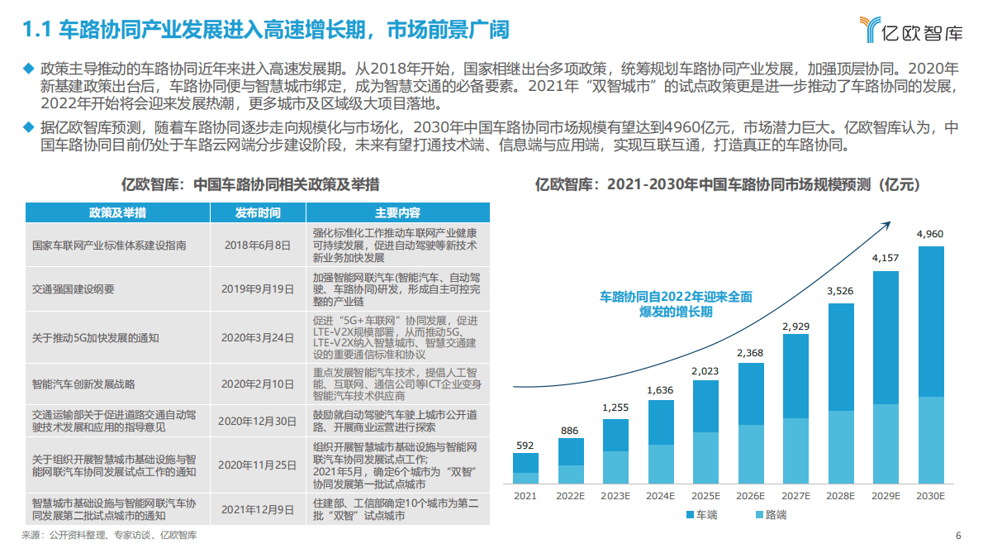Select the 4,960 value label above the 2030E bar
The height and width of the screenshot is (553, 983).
click(929, 234)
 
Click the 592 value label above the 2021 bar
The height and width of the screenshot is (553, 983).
click(525, 446)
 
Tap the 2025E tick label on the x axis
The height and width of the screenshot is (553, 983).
click(705, 495)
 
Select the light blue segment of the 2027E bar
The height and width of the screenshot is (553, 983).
click(795, 451)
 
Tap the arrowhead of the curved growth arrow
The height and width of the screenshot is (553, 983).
click(887, 223)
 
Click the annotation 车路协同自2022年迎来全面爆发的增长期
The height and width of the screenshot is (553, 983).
click(676, 303)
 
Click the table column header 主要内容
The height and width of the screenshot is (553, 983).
click(397, 212)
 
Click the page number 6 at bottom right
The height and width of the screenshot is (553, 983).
click(958, 535)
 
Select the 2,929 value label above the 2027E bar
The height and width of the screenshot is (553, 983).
click(795, 327)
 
